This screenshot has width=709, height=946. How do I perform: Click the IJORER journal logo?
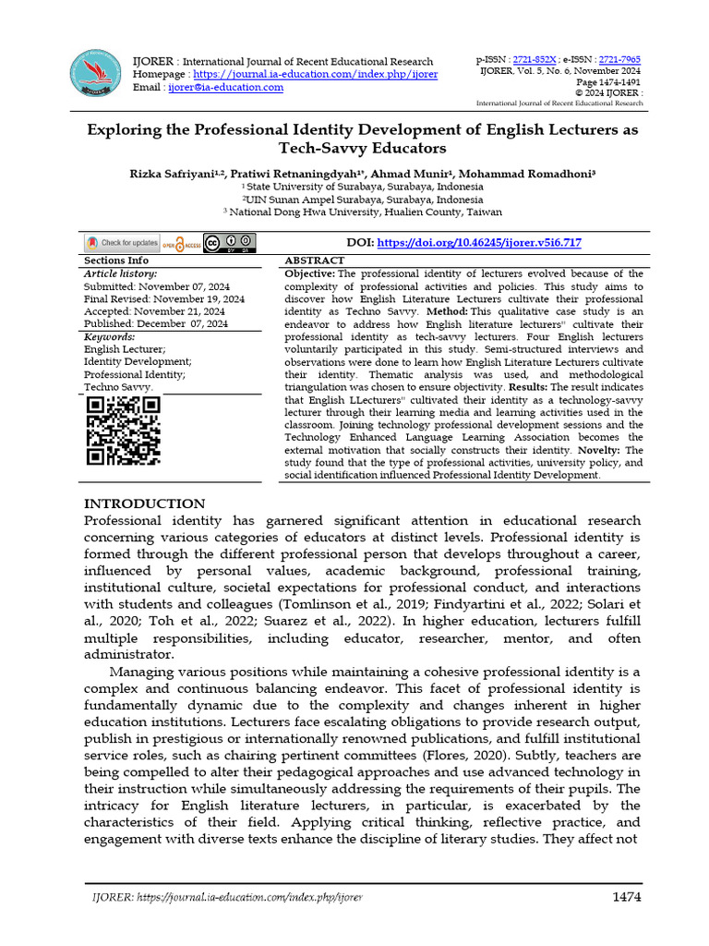97,72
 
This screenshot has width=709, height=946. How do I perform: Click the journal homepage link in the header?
313,74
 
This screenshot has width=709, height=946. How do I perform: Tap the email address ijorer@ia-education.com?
224,87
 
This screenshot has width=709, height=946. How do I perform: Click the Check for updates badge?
122,243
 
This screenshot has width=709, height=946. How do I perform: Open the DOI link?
479,243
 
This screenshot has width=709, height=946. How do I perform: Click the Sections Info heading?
115,261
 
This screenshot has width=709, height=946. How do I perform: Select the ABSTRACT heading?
316,261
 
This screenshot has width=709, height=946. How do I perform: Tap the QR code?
123,431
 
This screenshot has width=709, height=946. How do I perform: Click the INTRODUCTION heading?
145,503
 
